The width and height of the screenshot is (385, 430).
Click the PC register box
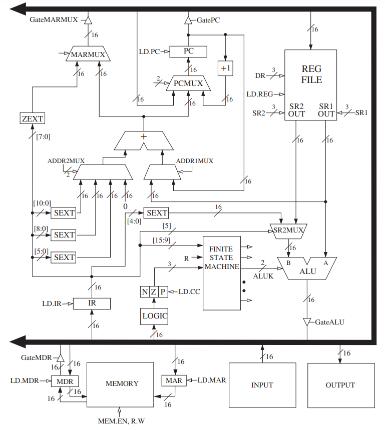(188, 51)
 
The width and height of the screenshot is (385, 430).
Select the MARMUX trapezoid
(88, 53)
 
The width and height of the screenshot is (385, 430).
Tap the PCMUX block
(188, 83)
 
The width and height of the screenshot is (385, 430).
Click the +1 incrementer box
(225, 68)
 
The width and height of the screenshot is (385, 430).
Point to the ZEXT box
(33, 118)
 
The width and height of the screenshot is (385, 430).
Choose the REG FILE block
(310, 85)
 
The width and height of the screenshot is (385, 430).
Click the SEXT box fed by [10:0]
(64, 213)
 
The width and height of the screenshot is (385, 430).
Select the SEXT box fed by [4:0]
(156, 213)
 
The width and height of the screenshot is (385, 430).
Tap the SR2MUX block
(288, 231)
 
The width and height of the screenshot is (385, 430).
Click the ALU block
(307, 268)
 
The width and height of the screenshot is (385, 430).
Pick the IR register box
(92, 303)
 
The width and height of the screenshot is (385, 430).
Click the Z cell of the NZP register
(154, 291)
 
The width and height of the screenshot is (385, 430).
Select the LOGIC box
(154, 316)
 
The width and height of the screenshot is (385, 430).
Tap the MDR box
(65, 381)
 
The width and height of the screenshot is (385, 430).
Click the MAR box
(174, 380)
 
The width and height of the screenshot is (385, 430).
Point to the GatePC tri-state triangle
(188, 20)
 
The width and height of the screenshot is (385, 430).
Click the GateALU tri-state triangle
(307, 322)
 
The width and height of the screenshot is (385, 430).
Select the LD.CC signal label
(189, 291)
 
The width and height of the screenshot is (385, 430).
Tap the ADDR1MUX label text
(195, 160)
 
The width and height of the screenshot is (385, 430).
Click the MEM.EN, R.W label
(121, 421)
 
